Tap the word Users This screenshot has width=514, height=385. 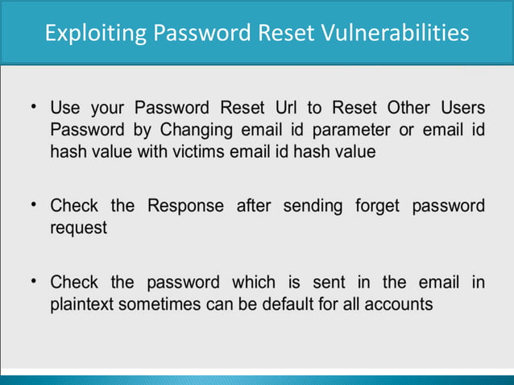[462, 108]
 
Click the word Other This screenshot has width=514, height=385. [409, 108]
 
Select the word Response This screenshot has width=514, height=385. [186, 206]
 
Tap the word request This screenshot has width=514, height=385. [78, 228]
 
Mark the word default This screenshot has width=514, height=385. [272, 305]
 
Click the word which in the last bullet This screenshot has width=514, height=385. [253, 284]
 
